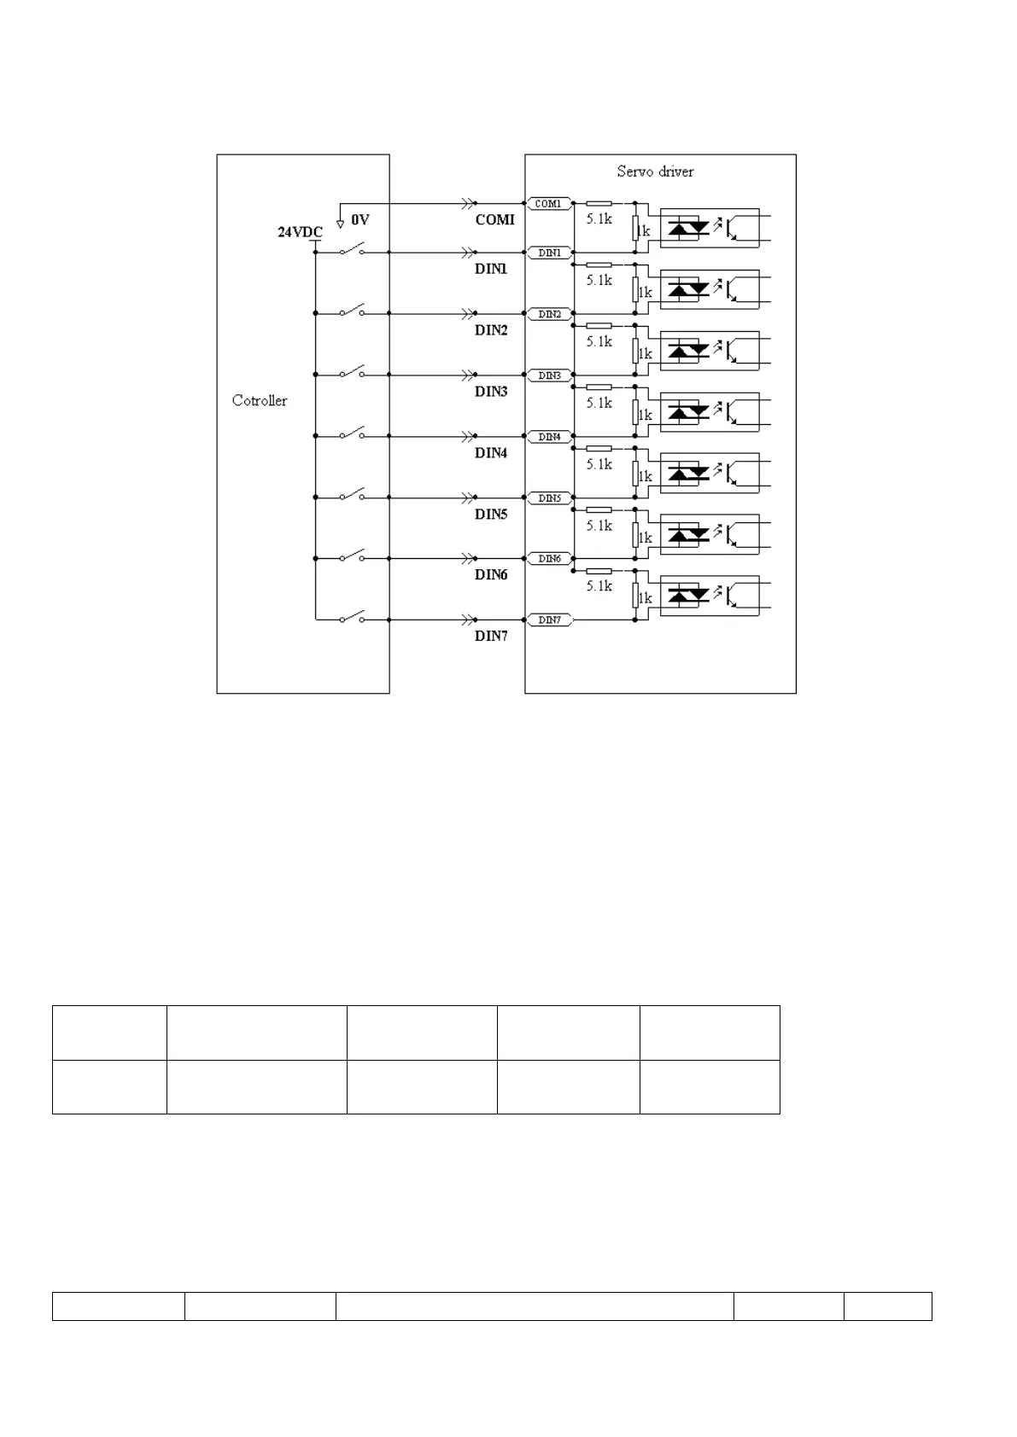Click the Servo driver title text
coord(655,172)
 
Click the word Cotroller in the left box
coord(260,400)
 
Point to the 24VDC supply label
coord(300,232)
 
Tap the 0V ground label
coord(360,220)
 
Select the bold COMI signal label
coord(495,220)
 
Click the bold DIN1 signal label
coord(491,269)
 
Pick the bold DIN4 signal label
coord(491,453)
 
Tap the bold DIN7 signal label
coord(491,637)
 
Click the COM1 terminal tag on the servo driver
coord(548,204)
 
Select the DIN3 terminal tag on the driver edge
coord(549,375)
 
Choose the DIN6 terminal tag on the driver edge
coord(549,559)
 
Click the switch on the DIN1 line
coord(353,250)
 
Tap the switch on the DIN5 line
coord(353,495)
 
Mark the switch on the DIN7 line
coord(353,617)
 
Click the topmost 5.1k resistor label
coord(599,219)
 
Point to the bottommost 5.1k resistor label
coord(599,586)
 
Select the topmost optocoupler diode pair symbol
coord(688,228)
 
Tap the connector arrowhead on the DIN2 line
coord(469,314)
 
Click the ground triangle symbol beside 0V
coord(340,224)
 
